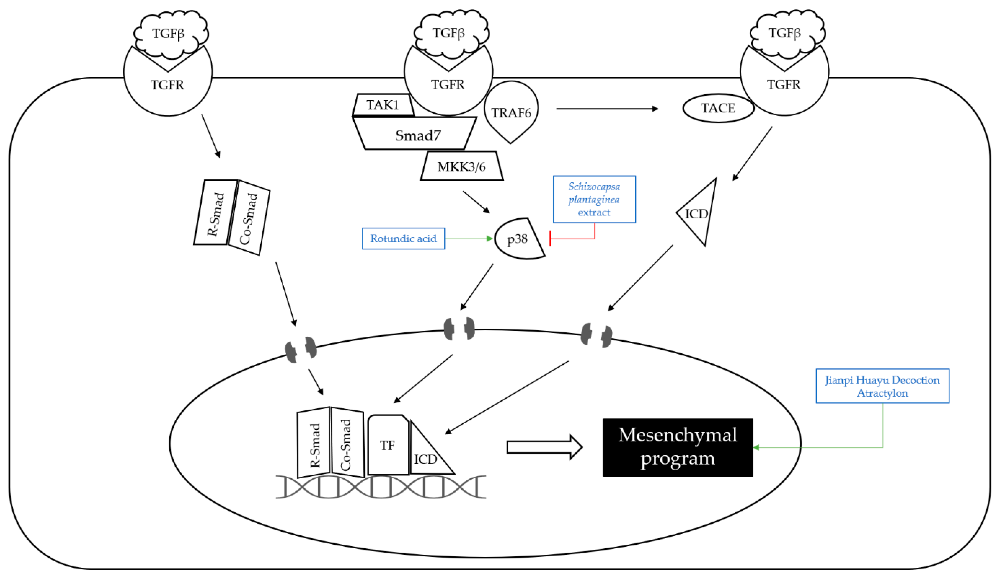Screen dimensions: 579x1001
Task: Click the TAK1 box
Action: (x=383, y=105)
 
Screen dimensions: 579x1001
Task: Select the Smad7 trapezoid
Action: (x=417, y=135)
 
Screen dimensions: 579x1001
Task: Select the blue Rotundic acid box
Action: (x=403, y=238)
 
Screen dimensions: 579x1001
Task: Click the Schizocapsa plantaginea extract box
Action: (x=594, y=199)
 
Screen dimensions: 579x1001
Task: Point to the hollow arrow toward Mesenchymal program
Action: (x=544, y=447)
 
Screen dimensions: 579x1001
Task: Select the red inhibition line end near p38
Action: (x=550, y=239)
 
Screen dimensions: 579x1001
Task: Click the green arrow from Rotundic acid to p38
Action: (x=469, y=238)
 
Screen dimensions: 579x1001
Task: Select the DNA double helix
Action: (x=381, y=487)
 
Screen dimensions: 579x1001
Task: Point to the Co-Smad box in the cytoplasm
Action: (x=249, y=219)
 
